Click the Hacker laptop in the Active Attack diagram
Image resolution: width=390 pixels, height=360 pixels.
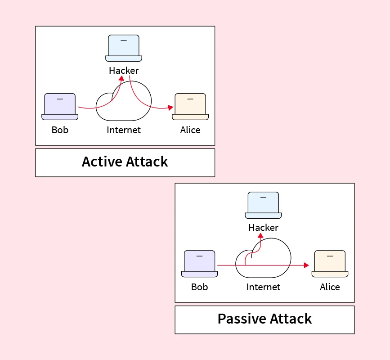(124, 48)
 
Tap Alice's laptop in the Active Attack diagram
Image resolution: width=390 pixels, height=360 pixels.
(190, 107)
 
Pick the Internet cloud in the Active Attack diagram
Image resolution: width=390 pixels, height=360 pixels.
(124, 103)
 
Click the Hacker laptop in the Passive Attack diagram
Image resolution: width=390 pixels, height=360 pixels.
(263, 205)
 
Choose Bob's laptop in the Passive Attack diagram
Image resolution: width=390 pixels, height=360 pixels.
(199, 264)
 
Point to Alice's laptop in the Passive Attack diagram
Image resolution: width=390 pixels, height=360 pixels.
(330, 264)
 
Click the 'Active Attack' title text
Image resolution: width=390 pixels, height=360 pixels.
(125, 162)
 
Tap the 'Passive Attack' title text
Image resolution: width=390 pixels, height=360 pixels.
(264, 319)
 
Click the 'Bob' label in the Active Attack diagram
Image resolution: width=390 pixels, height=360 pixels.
(60, 130)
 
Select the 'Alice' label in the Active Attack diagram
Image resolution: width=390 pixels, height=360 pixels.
(190, 130)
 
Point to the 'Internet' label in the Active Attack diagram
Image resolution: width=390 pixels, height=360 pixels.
(124, 130)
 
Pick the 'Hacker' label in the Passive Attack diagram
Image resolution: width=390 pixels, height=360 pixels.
(263, 228)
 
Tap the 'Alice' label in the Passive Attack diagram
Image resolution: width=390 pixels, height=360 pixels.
(330, 287)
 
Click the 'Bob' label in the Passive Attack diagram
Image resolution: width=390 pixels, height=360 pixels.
(199, 287)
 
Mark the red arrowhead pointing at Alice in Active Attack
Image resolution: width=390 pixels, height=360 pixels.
(171, 108)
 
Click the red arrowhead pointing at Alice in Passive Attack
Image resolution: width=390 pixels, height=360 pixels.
(307, 265)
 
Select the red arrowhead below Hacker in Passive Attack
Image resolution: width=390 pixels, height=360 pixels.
(260, 235)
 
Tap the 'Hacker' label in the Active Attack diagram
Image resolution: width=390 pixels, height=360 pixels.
(124, 71)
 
